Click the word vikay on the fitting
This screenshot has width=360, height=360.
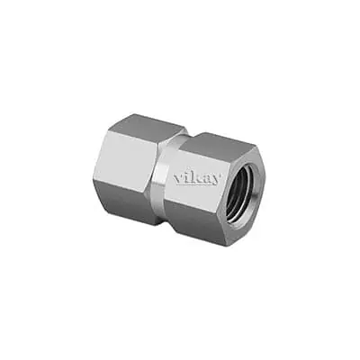pos(196,176)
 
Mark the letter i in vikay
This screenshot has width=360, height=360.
pos(185,174)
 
